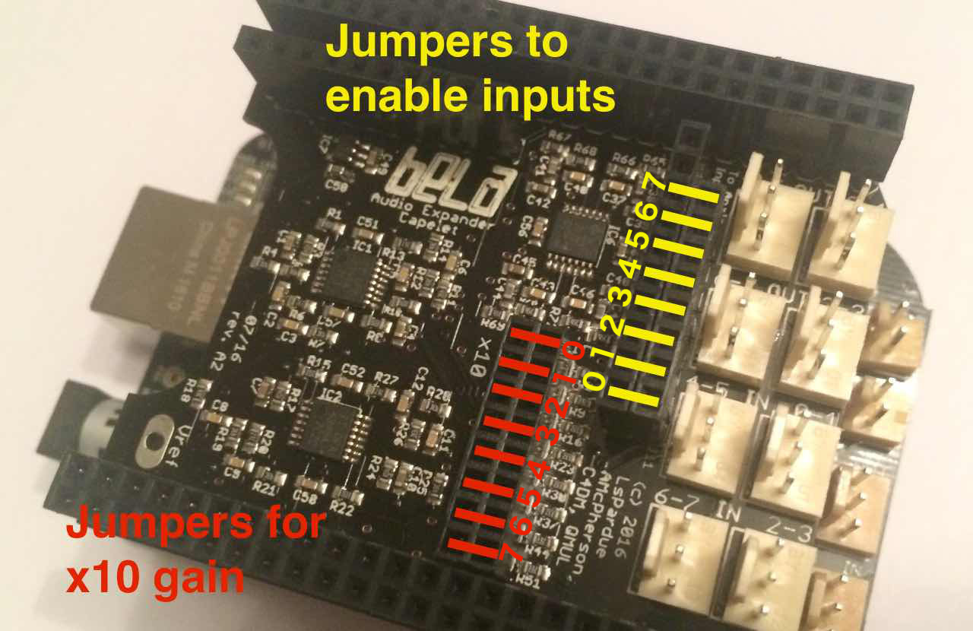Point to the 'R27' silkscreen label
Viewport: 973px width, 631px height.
tap(388, 379)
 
